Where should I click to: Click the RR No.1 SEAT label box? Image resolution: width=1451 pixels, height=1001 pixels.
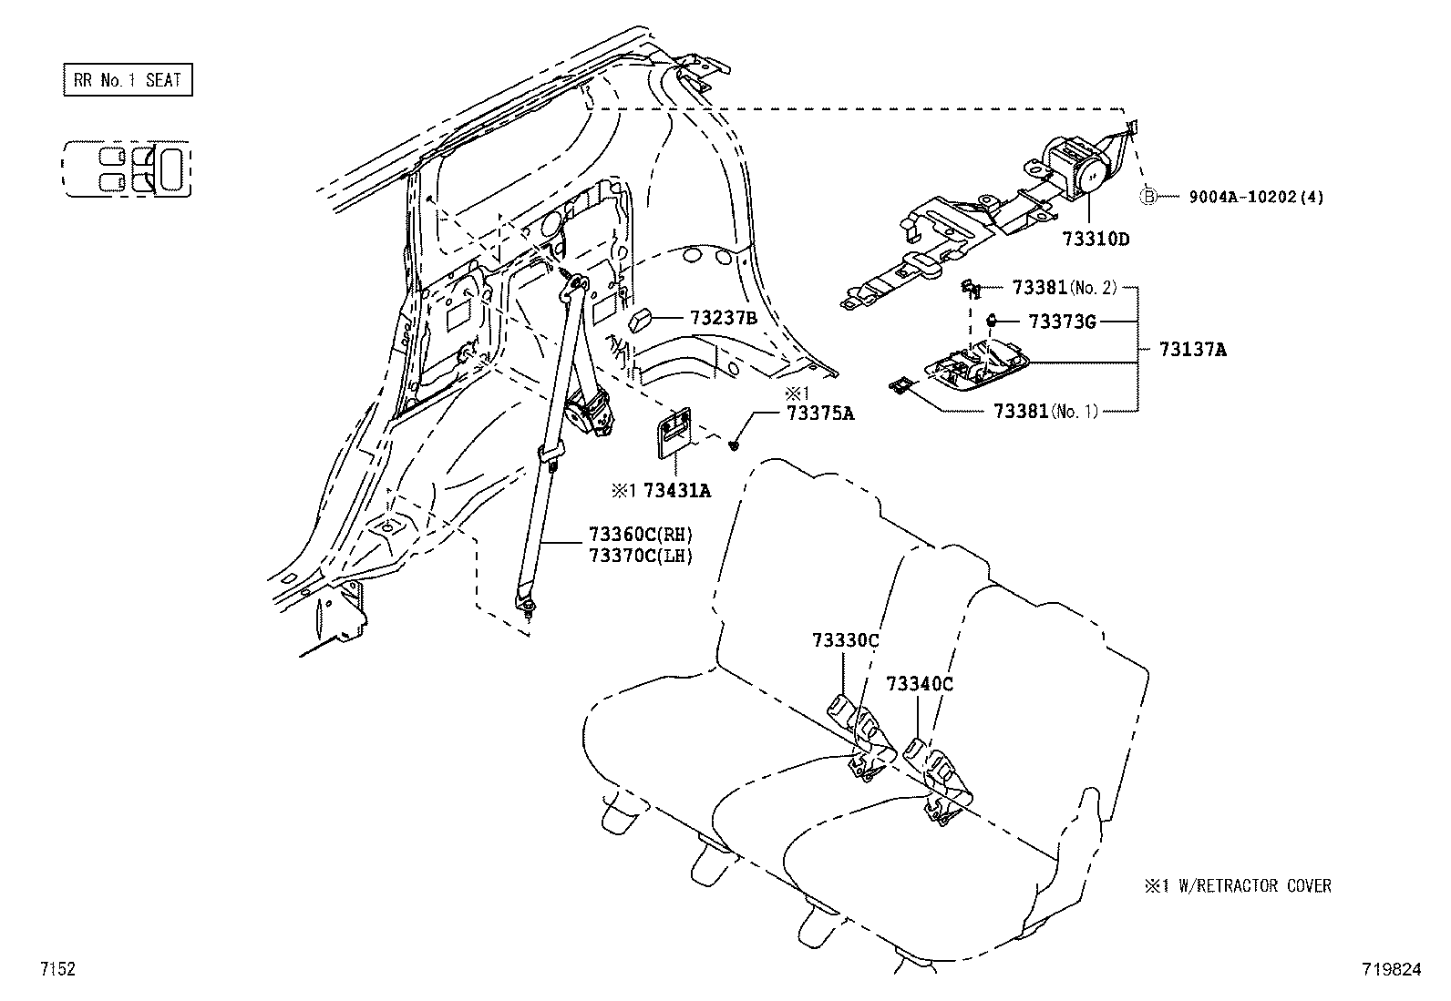pyautogui.click(x=128, y=80)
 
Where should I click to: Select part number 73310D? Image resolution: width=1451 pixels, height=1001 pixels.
pyautogui.click(x=1095, y=240)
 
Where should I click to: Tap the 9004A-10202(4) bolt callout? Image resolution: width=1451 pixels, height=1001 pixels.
pyautogui.click(x=1255, y=197)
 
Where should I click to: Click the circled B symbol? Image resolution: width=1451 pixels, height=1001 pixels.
pyautogui.click(x=1149, y=197)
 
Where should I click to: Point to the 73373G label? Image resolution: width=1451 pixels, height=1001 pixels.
pyautogui.click(x=1062, y=321)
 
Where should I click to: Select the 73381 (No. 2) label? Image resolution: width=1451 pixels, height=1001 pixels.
pyautogui.click(x=1064, y=287)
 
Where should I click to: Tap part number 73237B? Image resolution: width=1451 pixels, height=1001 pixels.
pyautogui.click(x=723, y=318)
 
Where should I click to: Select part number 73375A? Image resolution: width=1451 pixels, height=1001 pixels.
pyautogui.click(x=820, y=413)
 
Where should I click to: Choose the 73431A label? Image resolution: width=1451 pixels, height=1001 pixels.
pyautogui.click(x=676, y=491)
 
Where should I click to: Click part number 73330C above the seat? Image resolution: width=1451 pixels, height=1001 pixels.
pyautogui.click(x=845, y=640)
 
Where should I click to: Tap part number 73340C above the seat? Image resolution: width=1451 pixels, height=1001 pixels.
pyautogui.click(x=919, y=683)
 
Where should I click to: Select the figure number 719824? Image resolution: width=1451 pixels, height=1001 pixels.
pyautogui.click(x=1391, y=970)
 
